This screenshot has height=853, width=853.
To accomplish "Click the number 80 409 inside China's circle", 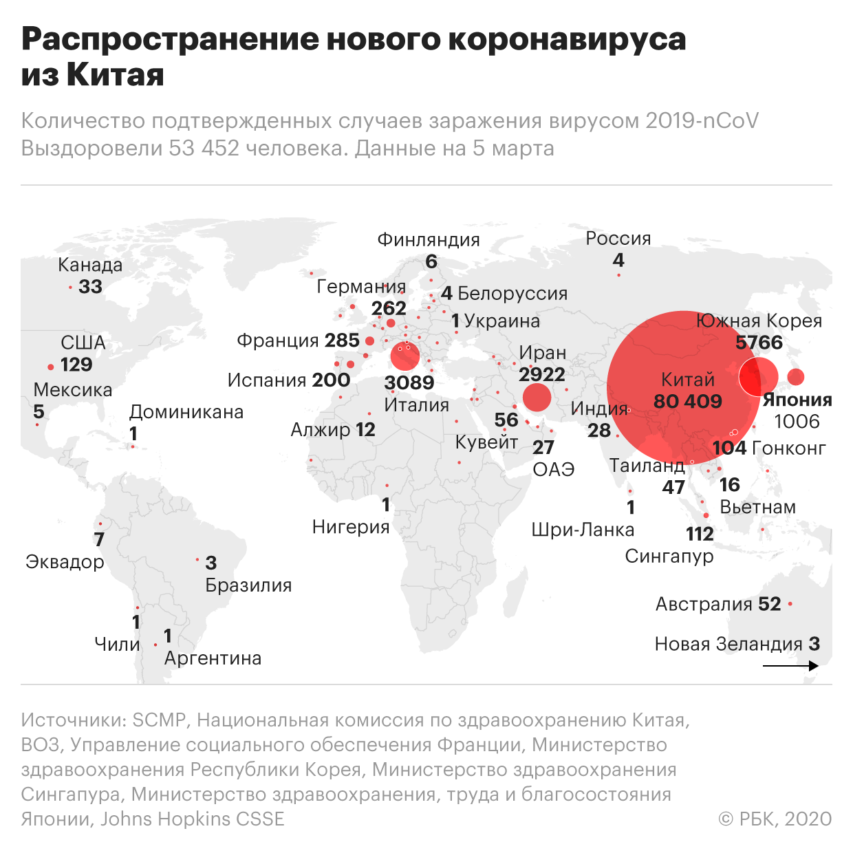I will point(687,401).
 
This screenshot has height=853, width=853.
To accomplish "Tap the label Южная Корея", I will point(759,321).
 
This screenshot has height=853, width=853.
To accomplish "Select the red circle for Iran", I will point(537,397).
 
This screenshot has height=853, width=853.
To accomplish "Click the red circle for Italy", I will point(404,356).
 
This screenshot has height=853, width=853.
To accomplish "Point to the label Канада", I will point(90,265).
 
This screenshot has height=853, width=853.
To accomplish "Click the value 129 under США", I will point(76,364).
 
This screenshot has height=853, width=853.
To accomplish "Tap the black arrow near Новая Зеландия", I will point(790,666).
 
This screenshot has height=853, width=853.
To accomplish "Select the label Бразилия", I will point(248,585).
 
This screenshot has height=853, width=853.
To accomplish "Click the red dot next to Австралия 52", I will point(790,604).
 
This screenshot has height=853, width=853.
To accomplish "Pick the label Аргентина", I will point(213,658).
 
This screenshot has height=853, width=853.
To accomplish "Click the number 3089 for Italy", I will point(409,382).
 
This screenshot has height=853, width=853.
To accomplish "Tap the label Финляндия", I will point(428,239).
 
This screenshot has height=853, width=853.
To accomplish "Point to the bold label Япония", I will point(797,400).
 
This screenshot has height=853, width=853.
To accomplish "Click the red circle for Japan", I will point(795,377).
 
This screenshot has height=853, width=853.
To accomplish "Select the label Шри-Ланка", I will point(583,530).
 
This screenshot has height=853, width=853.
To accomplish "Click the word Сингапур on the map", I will point(669,556).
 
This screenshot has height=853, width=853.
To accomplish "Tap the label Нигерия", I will point(351,527).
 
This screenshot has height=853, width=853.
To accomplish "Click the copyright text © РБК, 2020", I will point(775,819).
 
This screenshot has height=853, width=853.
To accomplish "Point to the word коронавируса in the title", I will point(567,39).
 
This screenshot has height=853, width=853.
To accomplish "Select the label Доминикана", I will point(186,412).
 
